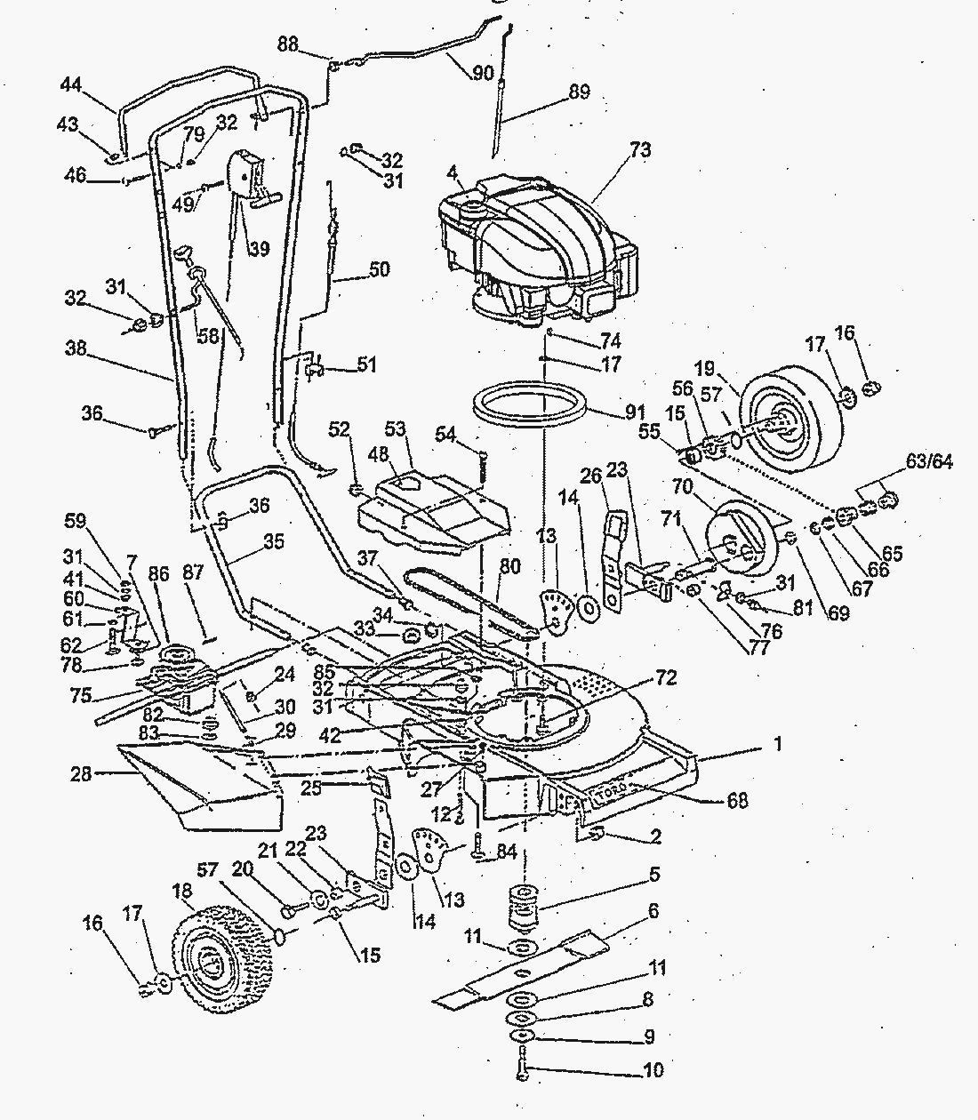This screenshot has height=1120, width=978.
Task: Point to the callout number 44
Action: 71,84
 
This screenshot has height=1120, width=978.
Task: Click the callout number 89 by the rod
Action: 579,91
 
